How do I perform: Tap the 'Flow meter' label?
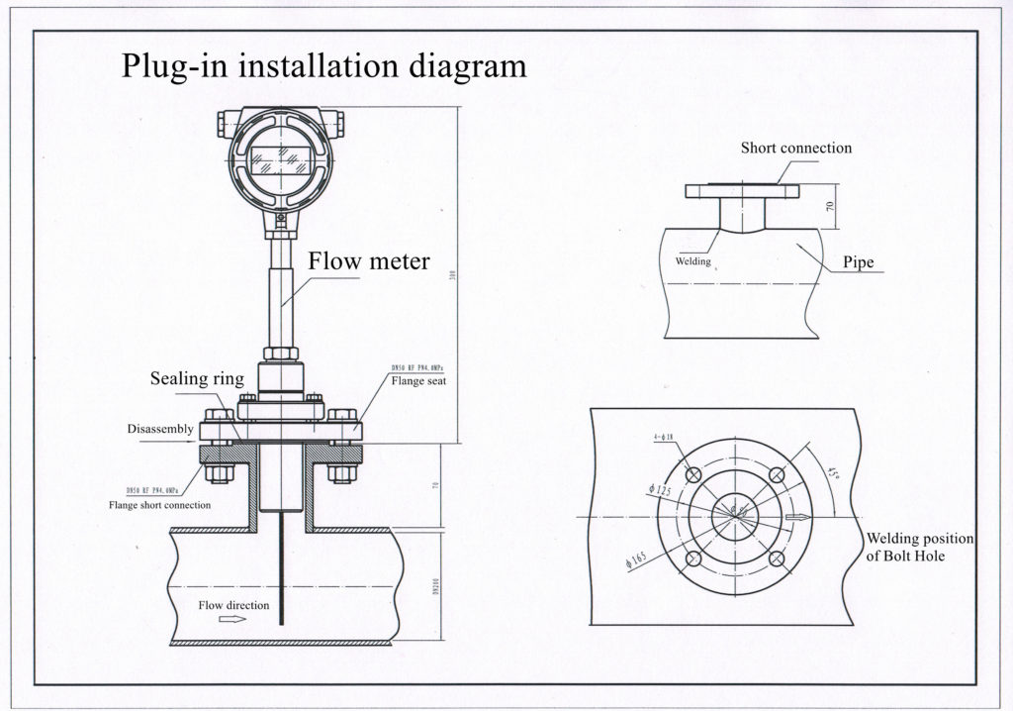click(369, 261)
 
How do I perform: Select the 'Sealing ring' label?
click(197, 379)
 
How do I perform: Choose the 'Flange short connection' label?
click(159, 505)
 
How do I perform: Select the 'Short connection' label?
click(796, 149)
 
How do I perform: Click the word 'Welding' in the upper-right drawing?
click(693, 261)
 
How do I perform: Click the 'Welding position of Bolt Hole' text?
click(920, 547)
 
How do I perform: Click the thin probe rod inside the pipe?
click(283, 574)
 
